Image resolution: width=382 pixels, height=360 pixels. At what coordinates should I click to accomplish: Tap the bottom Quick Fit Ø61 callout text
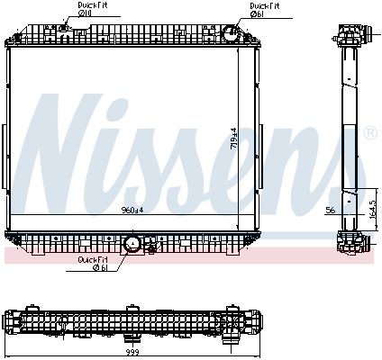click(93, 263)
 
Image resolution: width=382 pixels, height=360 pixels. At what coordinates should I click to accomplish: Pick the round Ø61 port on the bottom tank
click(132, 243)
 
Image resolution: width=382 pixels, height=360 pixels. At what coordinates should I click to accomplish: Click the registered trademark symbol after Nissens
click(368, 133)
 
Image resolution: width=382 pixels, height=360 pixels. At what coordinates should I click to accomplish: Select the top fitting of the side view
click(348, 35)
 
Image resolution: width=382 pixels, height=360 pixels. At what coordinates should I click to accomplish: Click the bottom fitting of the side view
click(347, 241)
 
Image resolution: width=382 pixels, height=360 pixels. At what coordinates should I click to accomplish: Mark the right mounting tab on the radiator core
click(260, 140)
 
